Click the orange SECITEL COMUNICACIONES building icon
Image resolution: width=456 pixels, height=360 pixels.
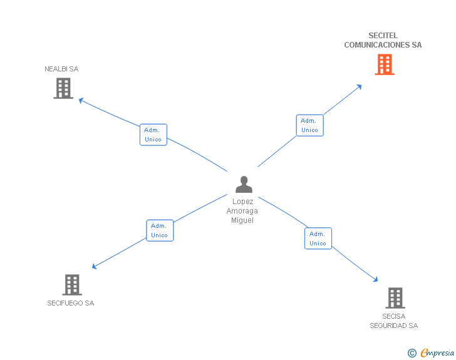(x=385, y=64)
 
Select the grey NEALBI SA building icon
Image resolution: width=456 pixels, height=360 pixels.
(x=63, y=88)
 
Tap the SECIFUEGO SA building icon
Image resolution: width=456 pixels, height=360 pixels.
(x=72, y=285)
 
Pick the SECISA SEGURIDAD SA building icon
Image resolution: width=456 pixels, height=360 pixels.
(x=395, y=298)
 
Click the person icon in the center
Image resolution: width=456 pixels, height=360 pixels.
(x=243, y=184)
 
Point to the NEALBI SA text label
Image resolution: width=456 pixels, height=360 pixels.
(x=61, y=69)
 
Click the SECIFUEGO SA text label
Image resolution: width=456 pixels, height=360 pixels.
(x=70, y=303)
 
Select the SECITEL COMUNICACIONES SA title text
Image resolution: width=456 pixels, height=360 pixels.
(x=383, y=40)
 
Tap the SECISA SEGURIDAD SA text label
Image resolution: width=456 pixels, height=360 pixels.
(x=393, y=321)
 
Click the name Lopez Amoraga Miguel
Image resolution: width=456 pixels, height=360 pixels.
(x=242, y=211)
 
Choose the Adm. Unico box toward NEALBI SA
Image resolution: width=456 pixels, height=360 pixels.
(x=153, y=135)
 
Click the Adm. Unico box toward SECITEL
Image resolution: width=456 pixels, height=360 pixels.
(x=309, y=125)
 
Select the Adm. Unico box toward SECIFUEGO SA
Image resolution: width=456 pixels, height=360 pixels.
(x=160, y=230)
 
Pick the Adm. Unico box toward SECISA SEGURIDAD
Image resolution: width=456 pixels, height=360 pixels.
(x=318, y=239)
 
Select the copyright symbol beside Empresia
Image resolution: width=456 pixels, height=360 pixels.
(x=412, y=353)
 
